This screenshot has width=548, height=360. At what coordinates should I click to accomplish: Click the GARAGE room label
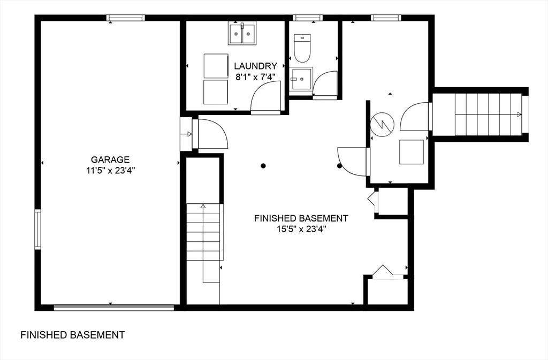[110, 159]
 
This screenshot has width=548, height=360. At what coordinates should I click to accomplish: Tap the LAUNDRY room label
[255, 66]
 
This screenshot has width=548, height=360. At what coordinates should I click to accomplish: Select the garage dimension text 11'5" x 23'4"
[111, 171]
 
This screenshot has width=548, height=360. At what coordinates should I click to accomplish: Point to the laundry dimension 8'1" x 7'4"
[255, 77]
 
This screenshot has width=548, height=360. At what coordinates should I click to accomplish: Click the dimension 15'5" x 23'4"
[301, 229]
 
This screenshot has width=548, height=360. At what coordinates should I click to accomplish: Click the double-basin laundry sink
[242, 33]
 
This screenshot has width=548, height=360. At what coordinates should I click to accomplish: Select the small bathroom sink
[301, 79]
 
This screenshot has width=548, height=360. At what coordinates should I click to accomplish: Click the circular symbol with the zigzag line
[382, 124]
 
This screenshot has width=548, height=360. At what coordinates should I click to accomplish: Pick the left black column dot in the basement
[263, 166]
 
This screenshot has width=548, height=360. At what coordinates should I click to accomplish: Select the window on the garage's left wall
[38, 229]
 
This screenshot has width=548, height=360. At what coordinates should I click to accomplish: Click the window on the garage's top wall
[125, 18]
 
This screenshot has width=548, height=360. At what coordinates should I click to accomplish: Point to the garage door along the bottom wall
[114, 308]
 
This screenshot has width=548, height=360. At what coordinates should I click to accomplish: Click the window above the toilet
[308, 18]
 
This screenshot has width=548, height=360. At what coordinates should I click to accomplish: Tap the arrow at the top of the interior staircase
[203, 206]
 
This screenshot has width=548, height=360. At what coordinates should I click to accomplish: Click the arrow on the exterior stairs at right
[519, 114]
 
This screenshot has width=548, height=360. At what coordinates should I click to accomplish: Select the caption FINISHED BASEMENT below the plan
[73, 335]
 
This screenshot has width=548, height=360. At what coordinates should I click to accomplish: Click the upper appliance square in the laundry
[216, 66]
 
